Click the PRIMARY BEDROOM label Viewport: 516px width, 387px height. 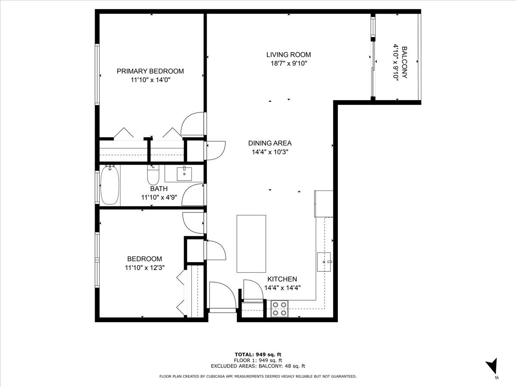tap(150, 71)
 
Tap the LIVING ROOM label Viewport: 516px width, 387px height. tap(288, 55)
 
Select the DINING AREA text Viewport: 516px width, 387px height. tap(270, 143)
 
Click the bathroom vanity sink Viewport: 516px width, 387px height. tap(185, 173)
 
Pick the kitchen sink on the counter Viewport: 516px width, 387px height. tap(324, 261)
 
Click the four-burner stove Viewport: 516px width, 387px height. tap(279, 309)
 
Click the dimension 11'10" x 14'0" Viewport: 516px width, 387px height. tap(150, 80)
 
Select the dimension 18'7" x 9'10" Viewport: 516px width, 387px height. tap(288, 63)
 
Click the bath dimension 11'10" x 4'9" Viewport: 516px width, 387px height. tap(159, 197)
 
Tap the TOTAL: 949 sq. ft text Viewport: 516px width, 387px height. tap(258, 354)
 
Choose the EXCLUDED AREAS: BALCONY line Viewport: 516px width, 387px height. tap(258, 366)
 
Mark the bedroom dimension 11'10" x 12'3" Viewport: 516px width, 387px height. tap(144, 267)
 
